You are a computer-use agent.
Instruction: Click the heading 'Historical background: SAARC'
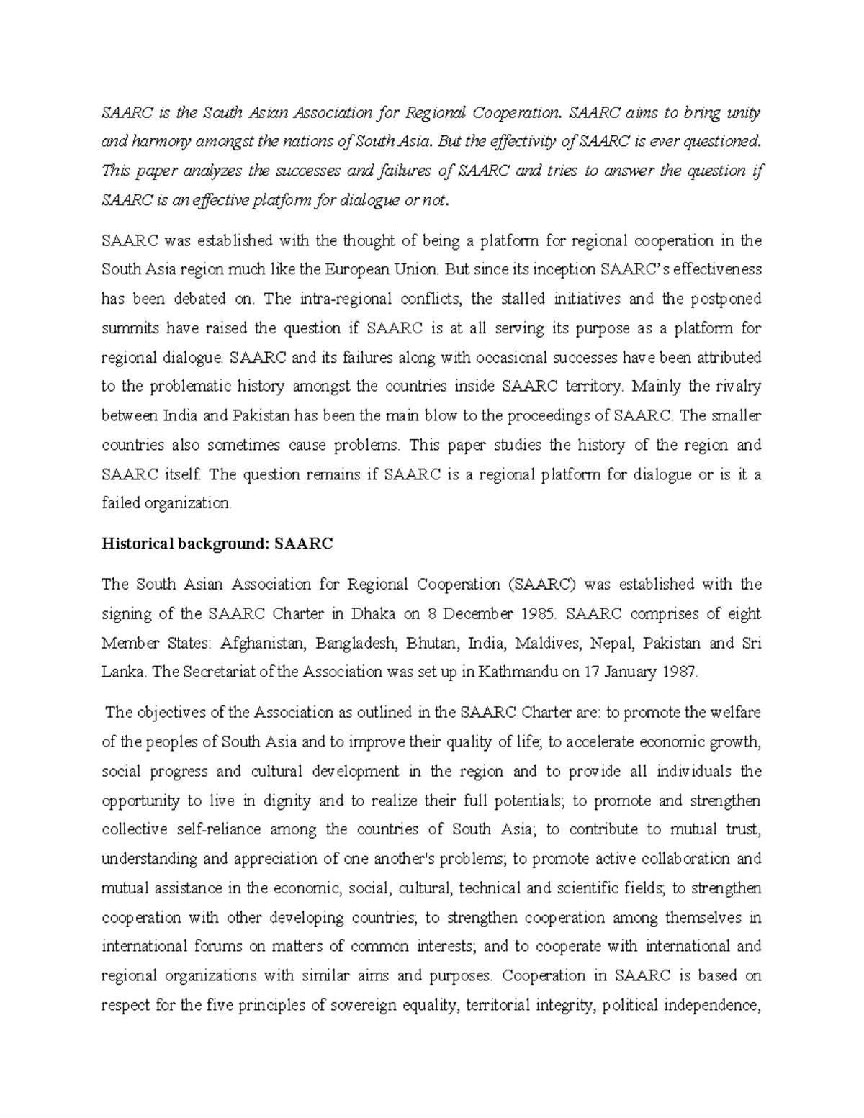point(217,544)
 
